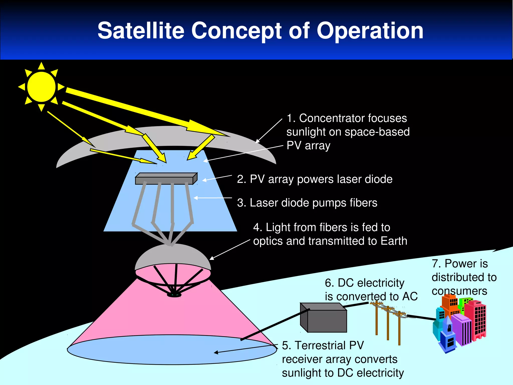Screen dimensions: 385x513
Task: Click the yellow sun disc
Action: (x=41, y=87)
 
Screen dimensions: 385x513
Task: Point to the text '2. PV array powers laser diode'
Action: (x=315, y=179)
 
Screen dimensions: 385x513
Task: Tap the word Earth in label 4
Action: (x=394, y=241)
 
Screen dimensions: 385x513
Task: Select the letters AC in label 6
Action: (x=410, y=297)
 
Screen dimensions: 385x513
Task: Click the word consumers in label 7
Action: (x=459, y=291)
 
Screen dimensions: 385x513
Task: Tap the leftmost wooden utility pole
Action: (x=376, y=320)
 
